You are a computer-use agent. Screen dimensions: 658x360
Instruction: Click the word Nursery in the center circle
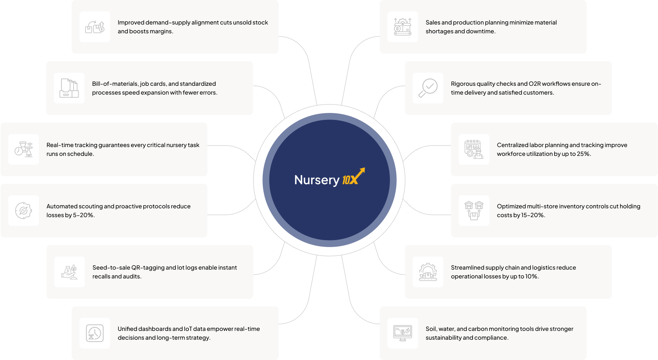[x=317, y=180]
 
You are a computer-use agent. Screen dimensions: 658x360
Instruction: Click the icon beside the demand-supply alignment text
[x=95, y=27]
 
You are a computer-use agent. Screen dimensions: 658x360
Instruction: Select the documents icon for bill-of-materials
[x=69, y=88]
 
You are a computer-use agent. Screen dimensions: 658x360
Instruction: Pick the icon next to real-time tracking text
[x=24, y=149]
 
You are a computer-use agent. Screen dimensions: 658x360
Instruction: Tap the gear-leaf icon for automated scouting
[x=23, y=211]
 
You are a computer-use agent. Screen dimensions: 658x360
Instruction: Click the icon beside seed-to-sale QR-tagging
[x=69, y=272]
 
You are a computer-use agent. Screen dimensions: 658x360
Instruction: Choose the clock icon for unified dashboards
[x=95, y=333]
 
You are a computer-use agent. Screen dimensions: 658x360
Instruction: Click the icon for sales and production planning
[x=403, y=27]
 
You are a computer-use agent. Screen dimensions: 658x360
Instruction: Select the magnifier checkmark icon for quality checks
[x=428, y=88]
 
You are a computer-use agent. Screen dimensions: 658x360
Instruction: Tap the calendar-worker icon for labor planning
[x=474, y=149]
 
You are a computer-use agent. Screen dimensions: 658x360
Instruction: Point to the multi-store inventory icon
[x=474, y=211]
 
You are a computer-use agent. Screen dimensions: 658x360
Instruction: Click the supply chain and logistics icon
[x=428, y=272]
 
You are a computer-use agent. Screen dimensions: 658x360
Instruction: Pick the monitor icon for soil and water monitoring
[x=403, y=333]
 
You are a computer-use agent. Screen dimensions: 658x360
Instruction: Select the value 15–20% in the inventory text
[x=533, y=215]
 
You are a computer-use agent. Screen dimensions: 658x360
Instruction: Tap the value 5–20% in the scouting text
[x=83, y=215]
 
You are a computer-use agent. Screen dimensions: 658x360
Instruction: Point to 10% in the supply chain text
[x=531, y=277]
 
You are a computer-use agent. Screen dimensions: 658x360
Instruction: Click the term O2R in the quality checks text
[x=535, y=84]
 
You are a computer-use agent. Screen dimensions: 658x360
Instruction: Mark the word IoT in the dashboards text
[x=188, y=329]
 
